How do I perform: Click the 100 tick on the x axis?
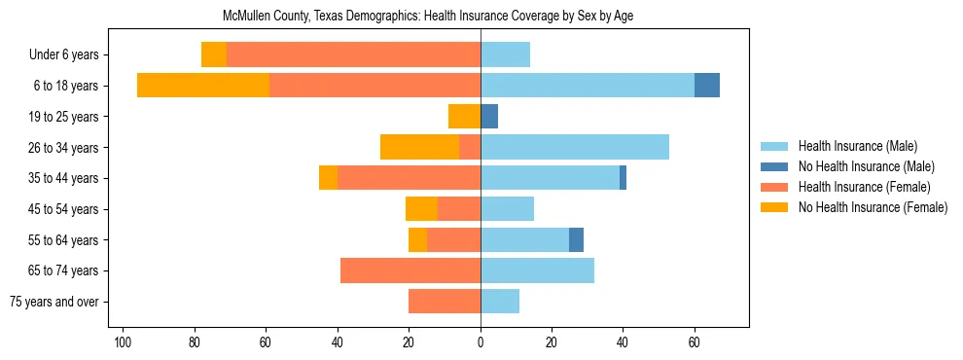pyautogui.click(x=123, y=342)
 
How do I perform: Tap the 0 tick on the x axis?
pyautogui.click(x=481, y=342)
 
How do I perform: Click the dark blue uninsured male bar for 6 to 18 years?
pyautogui.click(x=707, y=86)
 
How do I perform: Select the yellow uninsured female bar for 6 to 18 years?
pyautogui.click(x=203, y=86)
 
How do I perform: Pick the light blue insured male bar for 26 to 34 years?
pyautogui.click(x=575, y=147)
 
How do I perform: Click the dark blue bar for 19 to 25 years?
pyautogui.click(x=489, y=117)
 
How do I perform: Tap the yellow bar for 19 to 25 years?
pyautogui.click(x=464, y=117)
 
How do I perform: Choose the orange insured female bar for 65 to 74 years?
pyautogui.click(x=410, y=270)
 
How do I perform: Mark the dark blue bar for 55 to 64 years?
pyautogui.click(x=577, y=239)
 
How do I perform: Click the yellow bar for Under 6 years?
pyautogui.click(x=214, y=55)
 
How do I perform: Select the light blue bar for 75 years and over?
pyautogui.click(x=500, y=302)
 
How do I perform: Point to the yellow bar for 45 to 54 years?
pyautogui.click(x=421, y=209)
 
